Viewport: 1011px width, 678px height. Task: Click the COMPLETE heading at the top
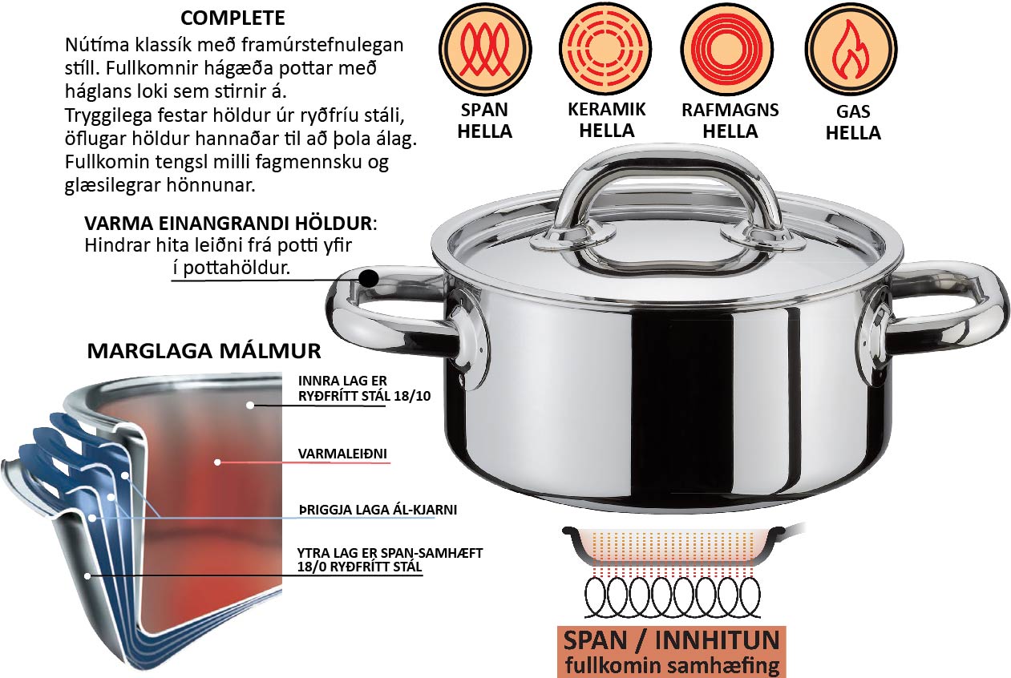[x=233, y=18]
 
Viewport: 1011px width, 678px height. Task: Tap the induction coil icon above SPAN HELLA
[x=485, y=49]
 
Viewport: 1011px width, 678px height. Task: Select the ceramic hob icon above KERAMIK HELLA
[x=605, y=48]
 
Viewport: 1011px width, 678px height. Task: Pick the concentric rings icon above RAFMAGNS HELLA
[x=726, y=48]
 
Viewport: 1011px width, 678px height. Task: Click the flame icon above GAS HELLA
[x=851, y=49]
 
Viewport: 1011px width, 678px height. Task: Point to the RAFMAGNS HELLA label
[x=730, y=120]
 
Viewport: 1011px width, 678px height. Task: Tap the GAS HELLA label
[x=853, y=123]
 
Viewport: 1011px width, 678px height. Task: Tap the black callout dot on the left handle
[x=369, y=278]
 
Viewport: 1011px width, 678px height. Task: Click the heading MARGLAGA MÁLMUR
[x=204, y=351]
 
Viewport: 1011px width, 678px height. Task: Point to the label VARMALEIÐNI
[x=342, y=454]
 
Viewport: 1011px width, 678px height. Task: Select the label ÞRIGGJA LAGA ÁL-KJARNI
[x=378, y=510]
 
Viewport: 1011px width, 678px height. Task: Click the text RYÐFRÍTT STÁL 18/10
[x=364, y=396]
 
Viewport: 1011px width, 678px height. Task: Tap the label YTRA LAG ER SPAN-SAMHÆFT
[x=390, y=553]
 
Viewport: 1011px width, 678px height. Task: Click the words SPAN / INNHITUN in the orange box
[x=672, y=640]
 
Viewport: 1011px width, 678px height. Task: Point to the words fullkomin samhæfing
[x=673, y=665]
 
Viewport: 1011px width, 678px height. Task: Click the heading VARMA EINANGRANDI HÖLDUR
[x=228, y=224]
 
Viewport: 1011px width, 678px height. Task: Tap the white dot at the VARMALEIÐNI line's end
[x=217, y=462]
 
